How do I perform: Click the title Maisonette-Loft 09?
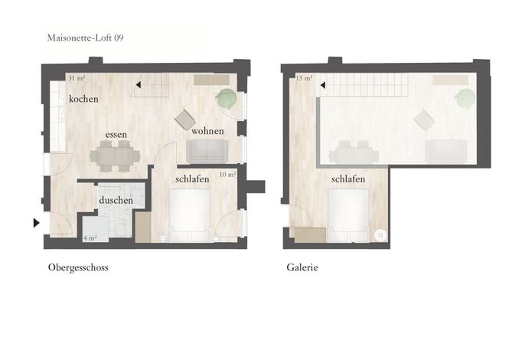pos(86,38)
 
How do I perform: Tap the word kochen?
pos(83,99)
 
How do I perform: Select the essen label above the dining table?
pos(116,135)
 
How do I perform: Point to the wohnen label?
pos(207,131)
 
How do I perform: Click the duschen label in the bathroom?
pos(116,201)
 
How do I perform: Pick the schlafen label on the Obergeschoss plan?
pos(192,179)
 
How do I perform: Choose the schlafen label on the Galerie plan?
pos(348,179)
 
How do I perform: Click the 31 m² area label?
pos(77,78)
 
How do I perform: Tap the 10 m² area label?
pos(228,175)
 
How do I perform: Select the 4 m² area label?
pos(90,238)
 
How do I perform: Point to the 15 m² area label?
pos(304,78)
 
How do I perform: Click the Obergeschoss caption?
pos(78,267)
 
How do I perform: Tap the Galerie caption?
pos(302,267)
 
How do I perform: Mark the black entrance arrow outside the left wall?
pos(37,223)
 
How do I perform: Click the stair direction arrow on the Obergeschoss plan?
pos(138,85)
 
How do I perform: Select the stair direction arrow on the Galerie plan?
pos(323,86)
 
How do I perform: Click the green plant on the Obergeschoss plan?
pos(227,99)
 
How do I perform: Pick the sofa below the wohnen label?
pos(207,151)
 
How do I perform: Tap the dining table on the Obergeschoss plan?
pos(115,156)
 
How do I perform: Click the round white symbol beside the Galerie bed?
pos(380,235)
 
